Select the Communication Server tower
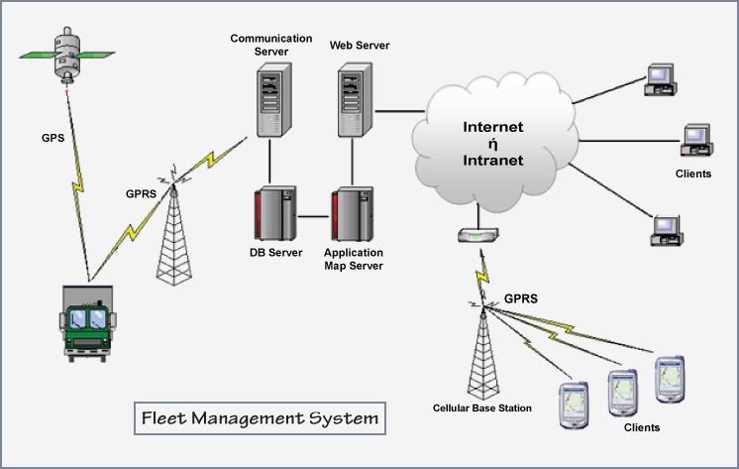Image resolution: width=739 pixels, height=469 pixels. (x=270, y=98)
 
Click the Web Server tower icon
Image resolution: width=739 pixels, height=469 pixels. (x=354, y=98)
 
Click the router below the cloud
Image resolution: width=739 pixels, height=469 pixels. (x=476, y=237)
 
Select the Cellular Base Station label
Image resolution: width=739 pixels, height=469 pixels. (x=482, y=408)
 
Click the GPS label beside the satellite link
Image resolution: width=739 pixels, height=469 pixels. (x=53, y=138)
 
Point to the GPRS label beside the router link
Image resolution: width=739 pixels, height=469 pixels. (x=521, y=297)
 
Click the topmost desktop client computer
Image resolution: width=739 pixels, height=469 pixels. (x=659, y=77)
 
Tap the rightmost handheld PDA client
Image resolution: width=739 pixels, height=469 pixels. (x=671, y=379)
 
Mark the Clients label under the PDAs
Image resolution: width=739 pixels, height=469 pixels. (x=642, y=428)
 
